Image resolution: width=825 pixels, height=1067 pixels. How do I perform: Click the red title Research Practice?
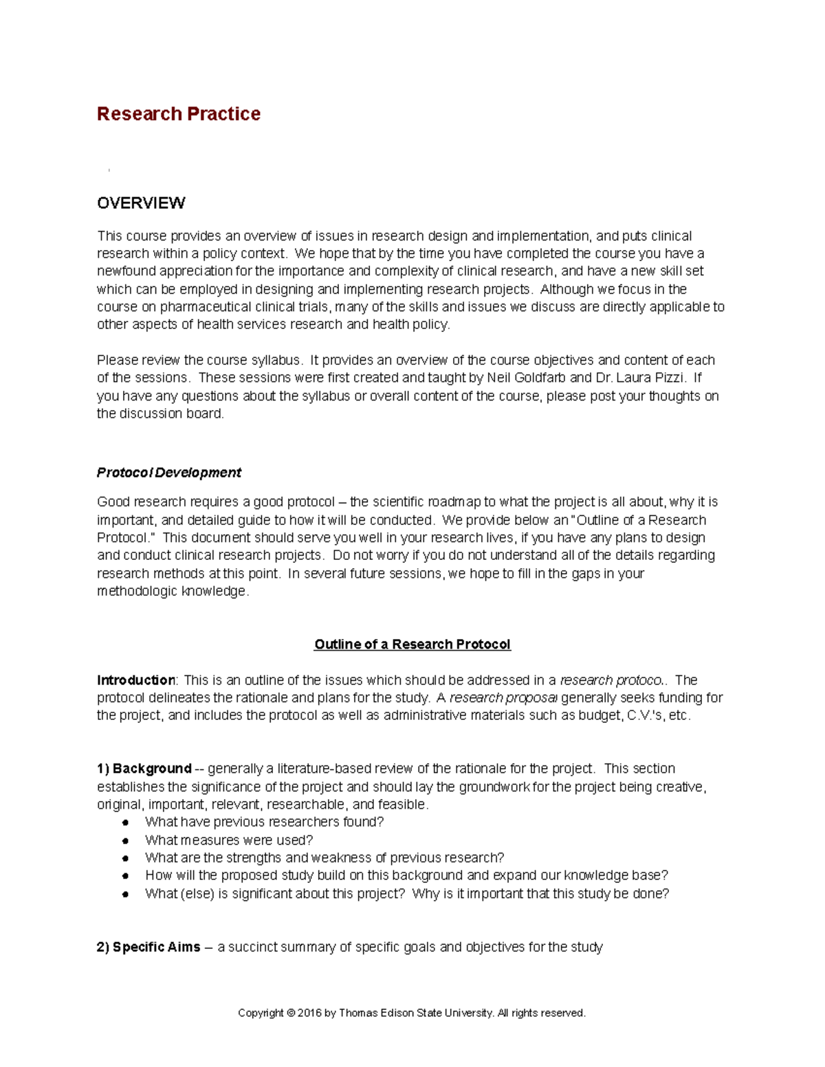click(178, 113)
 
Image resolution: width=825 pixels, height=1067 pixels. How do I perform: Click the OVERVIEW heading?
click(141, 203)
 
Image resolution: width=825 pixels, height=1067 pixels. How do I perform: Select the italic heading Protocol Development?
click(168, 473)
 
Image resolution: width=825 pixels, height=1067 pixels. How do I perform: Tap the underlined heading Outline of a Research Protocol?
click(412, 644)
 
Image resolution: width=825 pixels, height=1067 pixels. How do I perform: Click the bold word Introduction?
click(136, 680)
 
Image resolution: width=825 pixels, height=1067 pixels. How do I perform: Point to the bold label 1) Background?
click(144, 769)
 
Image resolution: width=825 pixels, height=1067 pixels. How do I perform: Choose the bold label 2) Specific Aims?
click(148, 947)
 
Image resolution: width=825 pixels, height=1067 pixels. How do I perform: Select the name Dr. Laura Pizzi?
click(639, 378)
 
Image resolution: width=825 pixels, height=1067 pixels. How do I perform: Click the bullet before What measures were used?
click(125, 840)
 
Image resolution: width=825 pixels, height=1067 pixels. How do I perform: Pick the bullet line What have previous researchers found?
click(264, 822)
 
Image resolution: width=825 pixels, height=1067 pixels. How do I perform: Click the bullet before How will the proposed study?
click(125, 876)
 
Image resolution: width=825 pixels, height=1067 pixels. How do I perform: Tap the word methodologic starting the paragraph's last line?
click(137, 592)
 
